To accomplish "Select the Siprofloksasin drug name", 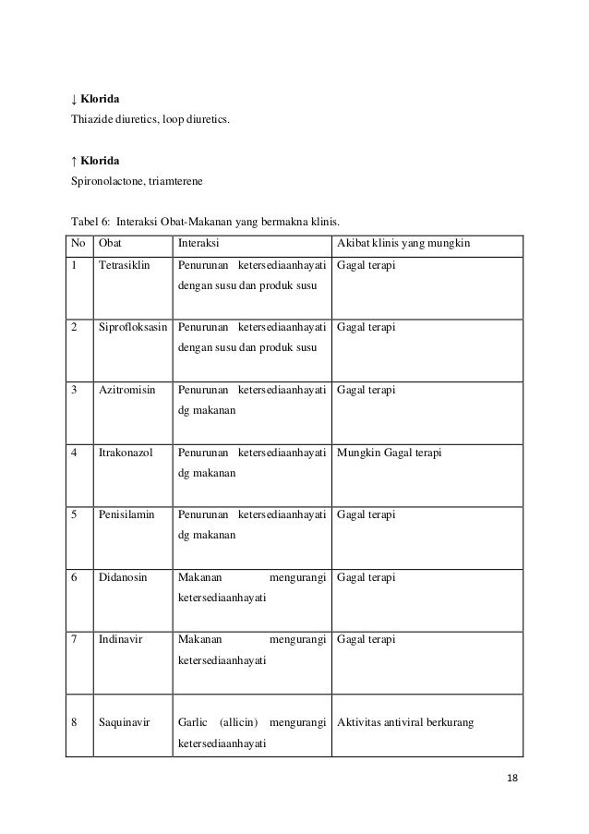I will [x=134, y=327].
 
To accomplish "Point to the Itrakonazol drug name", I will [x=126, y=453].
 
